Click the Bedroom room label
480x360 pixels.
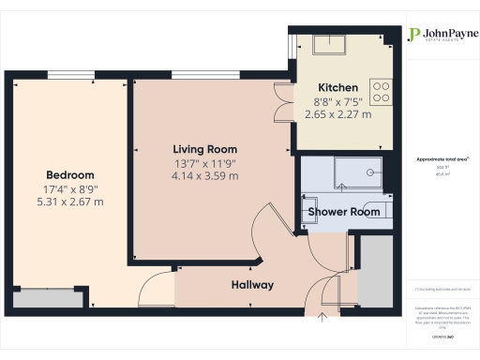70,174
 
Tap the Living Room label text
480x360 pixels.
204,149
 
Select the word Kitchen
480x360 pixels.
337,87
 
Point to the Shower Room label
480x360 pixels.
344,212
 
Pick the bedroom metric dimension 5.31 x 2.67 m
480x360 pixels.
70,202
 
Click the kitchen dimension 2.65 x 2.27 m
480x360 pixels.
337,114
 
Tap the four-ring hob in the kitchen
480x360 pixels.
382,90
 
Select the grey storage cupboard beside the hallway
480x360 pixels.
377,272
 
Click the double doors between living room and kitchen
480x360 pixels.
281,101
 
